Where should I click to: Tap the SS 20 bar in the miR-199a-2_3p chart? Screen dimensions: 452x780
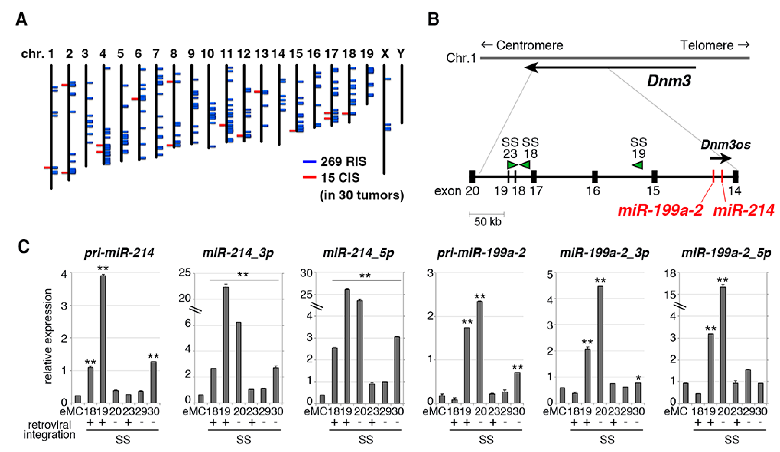[600, 344]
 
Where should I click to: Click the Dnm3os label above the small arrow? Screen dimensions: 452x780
[726, 144]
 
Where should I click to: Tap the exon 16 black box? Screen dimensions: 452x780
[595, 176]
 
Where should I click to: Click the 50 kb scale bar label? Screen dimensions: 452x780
[488, 222]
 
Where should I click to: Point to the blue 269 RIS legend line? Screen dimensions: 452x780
[309, 162]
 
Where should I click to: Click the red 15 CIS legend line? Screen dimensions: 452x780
[309, 177]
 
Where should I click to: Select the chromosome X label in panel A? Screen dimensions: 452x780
[385, 54]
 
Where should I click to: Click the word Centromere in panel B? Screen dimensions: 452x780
[529, 46]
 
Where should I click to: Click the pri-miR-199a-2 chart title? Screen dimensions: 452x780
[481, 253]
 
